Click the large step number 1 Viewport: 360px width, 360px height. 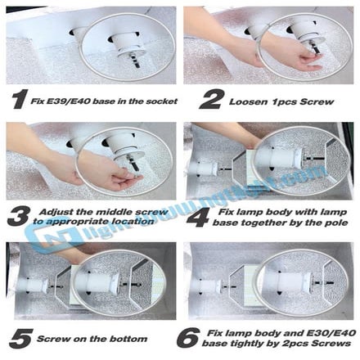point(17,98)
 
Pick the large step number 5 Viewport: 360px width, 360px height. point(17,337)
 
